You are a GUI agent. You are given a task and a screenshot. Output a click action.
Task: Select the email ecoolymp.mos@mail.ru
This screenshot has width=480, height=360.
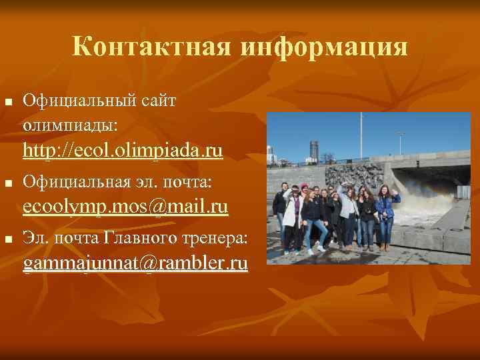[x=125, y=206]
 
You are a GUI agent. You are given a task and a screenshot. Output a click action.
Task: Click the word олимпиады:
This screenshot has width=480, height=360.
[x=70, y=125]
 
